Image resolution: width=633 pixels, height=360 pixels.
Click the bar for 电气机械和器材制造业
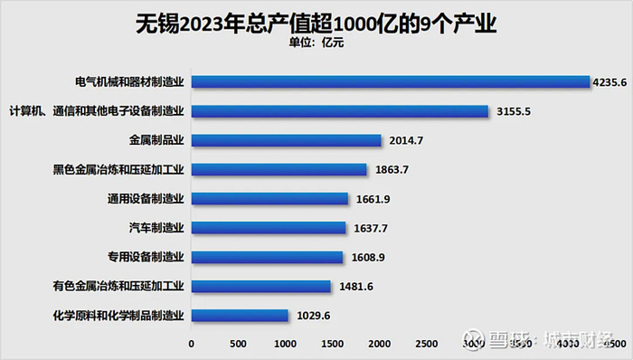click(x=391, y=81)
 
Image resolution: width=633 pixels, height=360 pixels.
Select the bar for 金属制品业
click(x=287, y=140)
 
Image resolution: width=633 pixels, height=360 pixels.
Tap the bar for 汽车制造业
click(x=269, y=228)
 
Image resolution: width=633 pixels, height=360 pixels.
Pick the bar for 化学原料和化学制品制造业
click(x=240, y=316)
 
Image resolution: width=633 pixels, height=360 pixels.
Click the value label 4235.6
click(x=609, y=82)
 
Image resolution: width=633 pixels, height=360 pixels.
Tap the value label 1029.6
click(x=311, y=316)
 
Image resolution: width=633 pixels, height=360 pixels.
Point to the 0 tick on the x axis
click(x=192, y=344)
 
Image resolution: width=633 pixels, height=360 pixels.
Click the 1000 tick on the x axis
click(x=286, y=344)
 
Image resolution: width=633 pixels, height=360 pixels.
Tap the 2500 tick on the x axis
click(x=427, y=344)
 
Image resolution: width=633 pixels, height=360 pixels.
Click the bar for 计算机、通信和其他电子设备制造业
click(x=340, y=111)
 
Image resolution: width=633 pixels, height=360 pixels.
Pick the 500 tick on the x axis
click(x=239, y=344)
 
